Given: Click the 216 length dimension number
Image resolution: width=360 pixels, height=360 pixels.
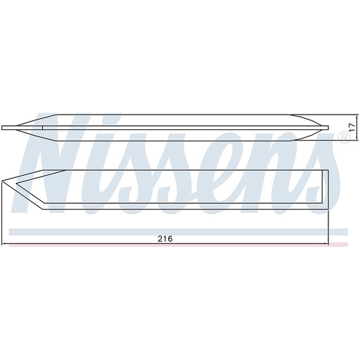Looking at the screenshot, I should (x=164, y=238).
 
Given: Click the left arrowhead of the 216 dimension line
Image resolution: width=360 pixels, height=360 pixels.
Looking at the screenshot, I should (x=5, y=244).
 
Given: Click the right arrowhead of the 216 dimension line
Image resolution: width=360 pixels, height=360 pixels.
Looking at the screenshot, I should (x=328, y=244).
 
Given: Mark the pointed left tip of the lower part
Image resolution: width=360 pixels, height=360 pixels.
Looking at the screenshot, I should (x=5, y=186).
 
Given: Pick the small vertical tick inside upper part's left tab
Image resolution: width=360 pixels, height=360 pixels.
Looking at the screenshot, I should (x=42, y=128).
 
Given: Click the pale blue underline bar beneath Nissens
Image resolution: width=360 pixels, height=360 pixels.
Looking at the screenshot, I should (x=176, y=231).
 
